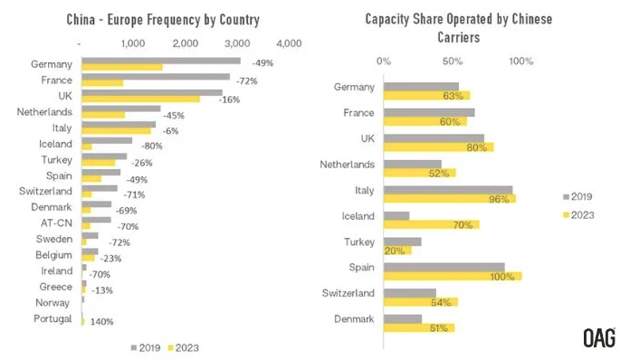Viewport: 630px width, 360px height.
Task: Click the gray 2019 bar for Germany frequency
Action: pyautogui.click(x=161, y=61)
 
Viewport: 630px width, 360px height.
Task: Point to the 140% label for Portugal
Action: pyautogui.click(x=101, y=321)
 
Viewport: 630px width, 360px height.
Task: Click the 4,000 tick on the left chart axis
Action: pyautogui.click(x=289, y=43)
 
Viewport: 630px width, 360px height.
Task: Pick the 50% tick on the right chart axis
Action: pyautogui.click(x=453, y=62)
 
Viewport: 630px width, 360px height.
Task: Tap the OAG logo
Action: pyautogui.click(x=599, y=338)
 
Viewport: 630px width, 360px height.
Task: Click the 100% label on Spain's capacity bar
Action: pyautogui.click(x=501, y=275)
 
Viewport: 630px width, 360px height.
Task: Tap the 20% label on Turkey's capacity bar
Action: pyautogui.click(x=395, y=250)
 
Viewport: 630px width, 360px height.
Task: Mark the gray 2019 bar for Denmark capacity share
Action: pyautogui.click(x=403, y=318)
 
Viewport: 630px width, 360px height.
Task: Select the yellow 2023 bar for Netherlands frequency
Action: pyautogui.click(x=103, y=115)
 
